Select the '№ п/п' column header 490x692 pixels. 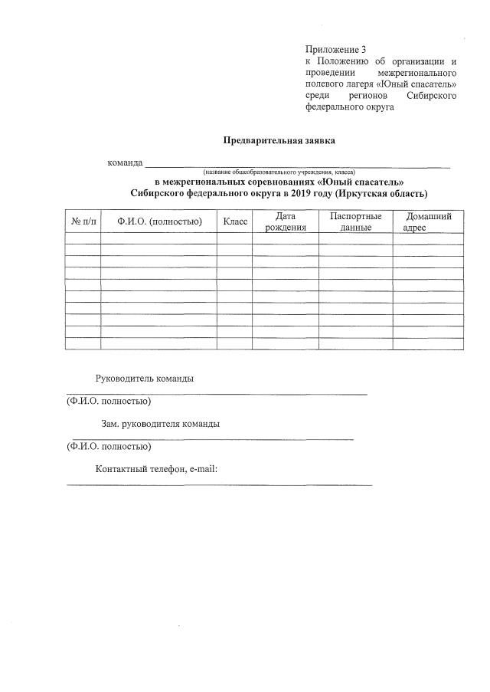coord(83,221)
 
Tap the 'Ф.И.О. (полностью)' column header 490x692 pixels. coord(159,221)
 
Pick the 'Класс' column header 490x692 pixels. coord(235,221)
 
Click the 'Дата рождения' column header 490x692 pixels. coord(286,221)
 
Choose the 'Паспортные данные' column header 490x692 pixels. coord(356,221)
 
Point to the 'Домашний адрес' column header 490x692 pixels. coord(428,221)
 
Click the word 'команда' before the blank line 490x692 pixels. coord(125,162)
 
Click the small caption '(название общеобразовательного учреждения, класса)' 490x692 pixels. coord(279,172)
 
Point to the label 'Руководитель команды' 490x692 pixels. coord(144,379)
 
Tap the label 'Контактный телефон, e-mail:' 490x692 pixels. coord(157,469)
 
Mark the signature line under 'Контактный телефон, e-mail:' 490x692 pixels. coord(220,484)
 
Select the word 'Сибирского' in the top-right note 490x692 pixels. coord(429,95)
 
